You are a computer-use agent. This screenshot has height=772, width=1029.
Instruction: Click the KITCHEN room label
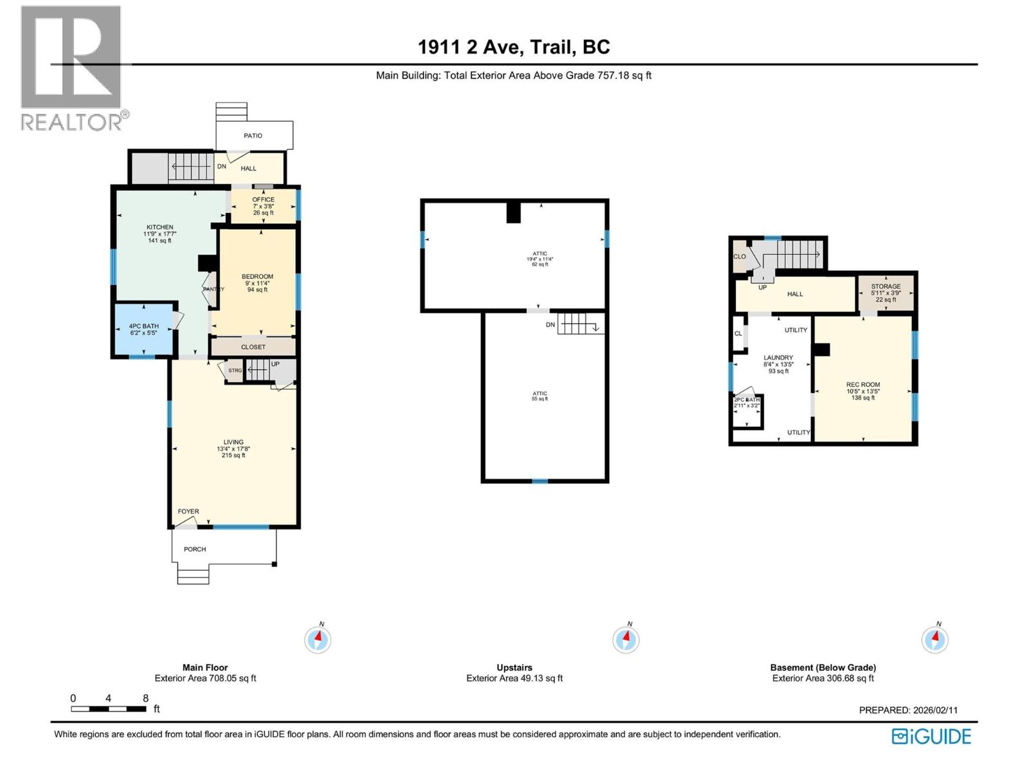[159, 227]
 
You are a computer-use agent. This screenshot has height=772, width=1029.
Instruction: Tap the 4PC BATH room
[143, 329]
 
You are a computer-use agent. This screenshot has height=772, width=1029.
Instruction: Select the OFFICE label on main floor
[263, 199]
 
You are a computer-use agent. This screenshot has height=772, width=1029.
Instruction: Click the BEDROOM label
[257, 277]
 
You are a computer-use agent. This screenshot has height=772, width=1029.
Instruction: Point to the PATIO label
[253, 136]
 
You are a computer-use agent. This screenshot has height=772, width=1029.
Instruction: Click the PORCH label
[195, 549]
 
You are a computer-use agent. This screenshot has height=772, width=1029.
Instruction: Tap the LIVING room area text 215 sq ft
[233, 455]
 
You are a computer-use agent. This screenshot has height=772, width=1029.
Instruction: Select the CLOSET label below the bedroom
[253, 347]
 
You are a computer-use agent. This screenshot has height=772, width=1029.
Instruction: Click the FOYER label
[188, 511]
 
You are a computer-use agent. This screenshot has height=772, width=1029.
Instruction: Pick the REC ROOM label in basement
[862, 385]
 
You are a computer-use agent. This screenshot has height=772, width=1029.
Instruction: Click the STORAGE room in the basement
[886, 292]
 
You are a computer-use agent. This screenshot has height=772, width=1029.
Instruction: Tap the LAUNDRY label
[778, 358]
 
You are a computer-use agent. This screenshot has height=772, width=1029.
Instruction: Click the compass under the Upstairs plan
[626, 639]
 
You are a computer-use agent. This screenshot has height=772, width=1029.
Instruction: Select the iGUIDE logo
[931, 737]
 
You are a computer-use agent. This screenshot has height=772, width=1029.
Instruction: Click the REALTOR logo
[72, 68]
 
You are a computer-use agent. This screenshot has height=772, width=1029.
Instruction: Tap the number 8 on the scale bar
[145, 698]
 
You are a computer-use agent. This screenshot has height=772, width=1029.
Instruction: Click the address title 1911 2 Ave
[514, 47]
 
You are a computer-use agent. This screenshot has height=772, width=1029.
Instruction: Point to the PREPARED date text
[908, 710]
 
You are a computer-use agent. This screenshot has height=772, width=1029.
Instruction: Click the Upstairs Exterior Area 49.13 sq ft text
[514, 678]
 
